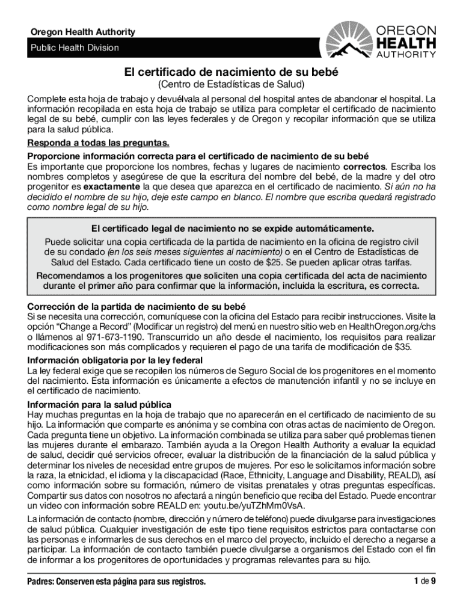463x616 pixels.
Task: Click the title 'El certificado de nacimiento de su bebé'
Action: click(231, 72)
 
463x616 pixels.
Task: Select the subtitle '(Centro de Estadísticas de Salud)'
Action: click(231, 85)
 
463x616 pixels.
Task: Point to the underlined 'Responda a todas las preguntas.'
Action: click(98, 143)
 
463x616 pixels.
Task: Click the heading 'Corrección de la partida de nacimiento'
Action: click(136, 306)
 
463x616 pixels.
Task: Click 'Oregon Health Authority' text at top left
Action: click(83, 32)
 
